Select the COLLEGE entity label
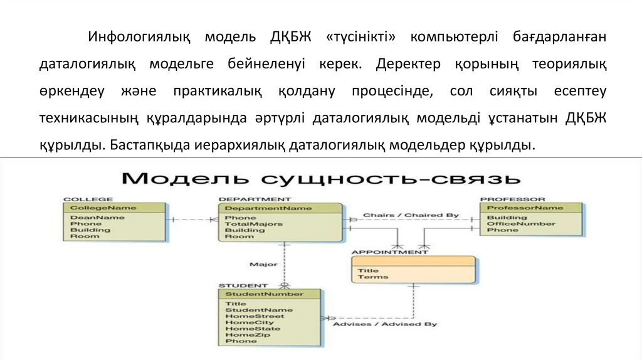80,199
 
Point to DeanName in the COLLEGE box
88,218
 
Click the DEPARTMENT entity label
246,199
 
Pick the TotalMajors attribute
253,224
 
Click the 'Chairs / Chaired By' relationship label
411,216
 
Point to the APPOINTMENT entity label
389,252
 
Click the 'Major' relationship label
258,264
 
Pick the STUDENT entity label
238,285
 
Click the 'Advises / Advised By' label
384,324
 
